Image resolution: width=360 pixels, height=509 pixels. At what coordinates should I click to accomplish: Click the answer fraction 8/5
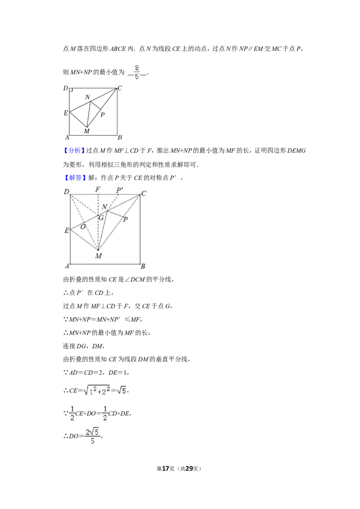point(137,72)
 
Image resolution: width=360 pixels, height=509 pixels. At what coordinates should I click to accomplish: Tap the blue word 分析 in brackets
point(75,151)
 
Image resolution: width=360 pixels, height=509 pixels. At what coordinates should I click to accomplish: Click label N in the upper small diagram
point(87,97)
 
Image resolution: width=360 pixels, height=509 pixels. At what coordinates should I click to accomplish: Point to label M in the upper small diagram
point(87,131)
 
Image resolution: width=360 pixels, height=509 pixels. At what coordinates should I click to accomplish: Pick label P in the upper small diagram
point(103,115)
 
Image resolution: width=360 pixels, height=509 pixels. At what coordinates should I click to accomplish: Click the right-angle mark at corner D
point(71,90)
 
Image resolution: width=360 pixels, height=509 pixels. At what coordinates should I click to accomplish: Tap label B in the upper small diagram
point(120,137)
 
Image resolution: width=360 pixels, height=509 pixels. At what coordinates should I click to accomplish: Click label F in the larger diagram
point(98,189)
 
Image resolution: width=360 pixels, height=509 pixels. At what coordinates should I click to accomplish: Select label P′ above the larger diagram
point(120,190)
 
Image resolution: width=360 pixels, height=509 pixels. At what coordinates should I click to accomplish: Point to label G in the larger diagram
point(101,218)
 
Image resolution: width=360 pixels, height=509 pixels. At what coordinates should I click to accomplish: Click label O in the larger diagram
point(83,227)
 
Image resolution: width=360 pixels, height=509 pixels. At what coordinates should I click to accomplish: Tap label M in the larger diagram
point(99,256)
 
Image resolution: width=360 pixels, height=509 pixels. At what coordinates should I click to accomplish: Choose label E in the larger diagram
point(67,231)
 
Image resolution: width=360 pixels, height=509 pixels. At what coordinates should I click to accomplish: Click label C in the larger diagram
point(144,193)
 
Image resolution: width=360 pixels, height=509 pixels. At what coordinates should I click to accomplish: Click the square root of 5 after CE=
point(122,390)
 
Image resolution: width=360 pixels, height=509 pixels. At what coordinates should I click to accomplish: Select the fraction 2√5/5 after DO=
point(93,436)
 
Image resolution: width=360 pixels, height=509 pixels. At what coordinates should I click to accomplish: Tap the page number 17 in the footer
point(166,469)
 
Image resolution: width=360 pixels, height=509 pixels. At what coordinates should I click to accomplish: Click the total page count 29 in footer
point(189,469)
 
